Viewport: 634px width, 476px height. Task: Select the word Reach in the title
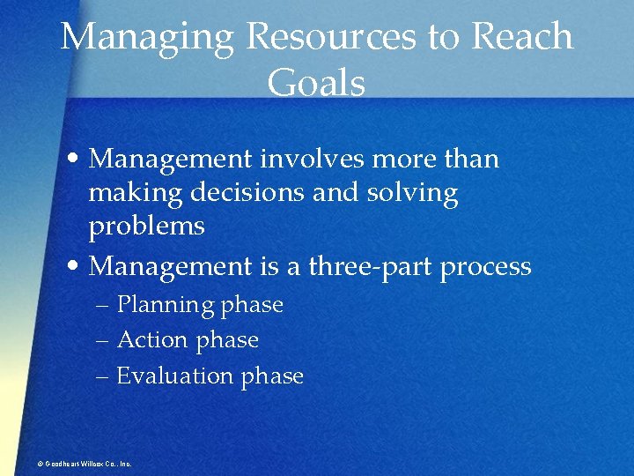click(x=522, y=37)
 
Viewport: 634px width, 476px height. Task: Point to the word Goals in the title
click(x=316, y=84)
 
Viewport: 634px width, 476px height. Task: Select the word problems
click(x=147, y=227)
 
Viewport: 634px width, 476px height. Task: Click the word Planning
click(x=166, y=306)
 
